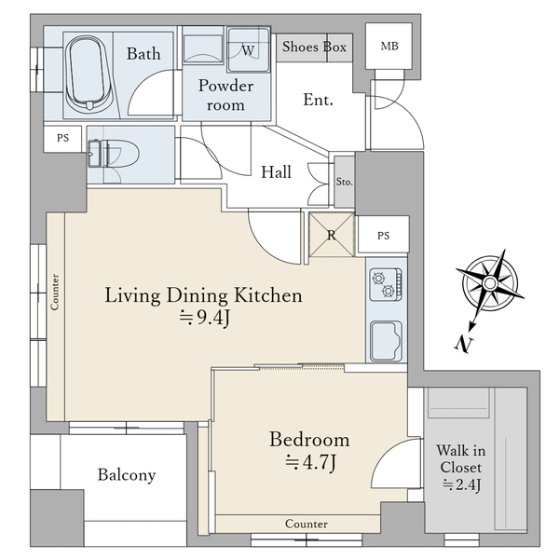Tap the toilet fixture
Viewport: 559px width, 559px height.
(113, 154)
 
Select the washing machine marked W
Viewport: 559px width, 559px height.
(249, 50)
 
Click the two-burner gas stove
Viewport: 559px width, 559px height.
(386, 284)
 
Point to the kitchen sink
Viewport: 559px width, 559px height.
(386, 341)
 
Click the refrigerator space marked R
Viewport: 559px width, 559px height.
(332, 235)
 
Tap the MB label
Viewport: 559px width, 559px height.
(389, 47)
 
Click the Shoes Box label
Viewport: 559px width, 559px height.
(314, 47)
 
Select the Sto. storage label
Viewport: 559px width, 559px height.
(345, 182)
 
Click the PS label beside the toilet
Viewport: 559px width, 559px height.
(62, 138)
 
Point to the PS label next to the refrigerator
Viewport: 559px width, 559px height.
(383, 236)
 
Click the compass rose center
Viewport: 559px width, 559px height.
(490, 283)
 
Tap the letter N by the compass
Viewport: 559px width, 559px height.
(463, 344)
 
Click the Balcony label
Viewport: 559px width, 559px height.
(127, 475)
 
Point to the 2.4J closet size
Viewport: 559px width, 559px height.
(462, 484)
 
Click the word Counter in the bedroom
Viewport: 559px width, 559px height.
(307, 524)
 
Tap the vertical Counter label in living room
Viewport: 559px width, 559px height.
(55, 292)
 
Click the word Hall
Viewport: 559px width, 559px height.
(276, 171)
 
